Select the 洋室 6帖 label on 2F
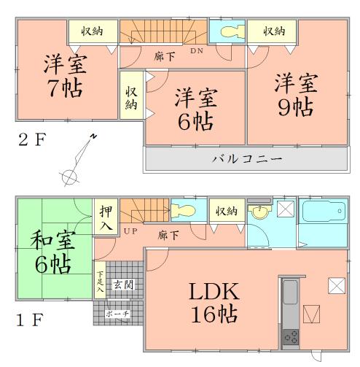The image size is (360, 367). click(x=195, y=109)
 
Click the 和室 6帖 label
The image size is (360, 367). click(x=49, y=252)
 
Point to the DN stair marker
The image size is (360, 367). click(x=197, y=51)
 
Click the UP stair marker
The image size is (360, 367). click(x=130, y=231)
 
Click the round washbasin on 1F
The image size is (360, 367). click(x=259, y=214)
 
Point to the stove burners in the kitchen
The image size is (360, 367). click(x=290, y=336)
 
